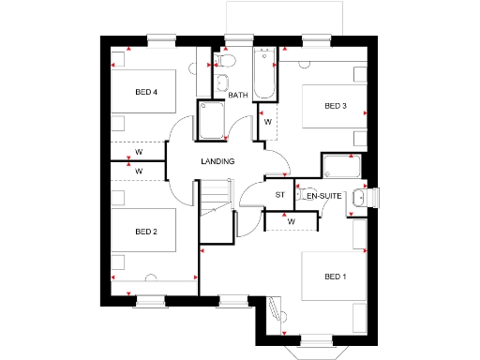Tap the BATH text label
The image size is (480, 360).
238,95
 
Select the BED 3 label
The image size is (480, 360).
336,106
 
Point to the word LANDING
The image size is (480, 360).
217,161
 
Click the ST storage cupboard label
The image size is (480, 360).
279,195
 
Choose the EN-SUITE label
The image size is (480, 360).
322,195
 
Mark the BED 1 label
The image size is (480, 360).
336,276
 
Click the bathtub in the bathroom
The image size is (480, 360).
266,76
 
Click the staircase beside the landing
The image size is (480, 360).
216,199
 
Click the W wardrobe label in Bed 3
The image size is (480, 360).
267,122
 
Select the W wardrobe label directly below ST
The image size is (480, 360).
292,221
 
